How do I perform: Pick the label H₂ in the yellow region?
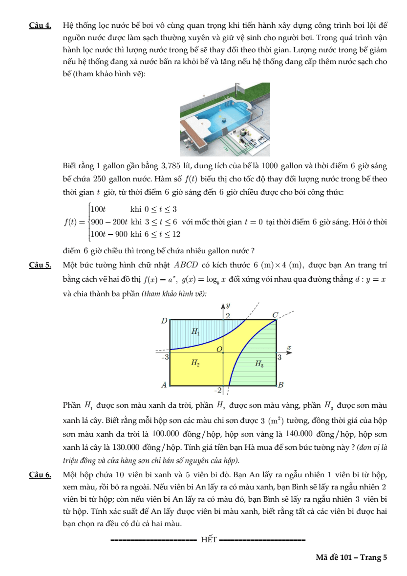click(x=194, y=363)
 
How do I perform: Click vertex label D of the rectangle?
click(x=164, y=321)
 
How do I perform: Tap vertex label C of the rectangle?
click(x=275, y=315)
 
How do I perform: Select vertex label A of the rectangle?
click(x=165, y=385)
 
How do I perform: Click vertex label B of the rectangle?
click(x=281, y=385)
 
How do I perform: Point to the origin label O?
click(x=219, y=348)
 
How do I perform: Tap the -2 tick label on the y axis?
click(x=218, y=390)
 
